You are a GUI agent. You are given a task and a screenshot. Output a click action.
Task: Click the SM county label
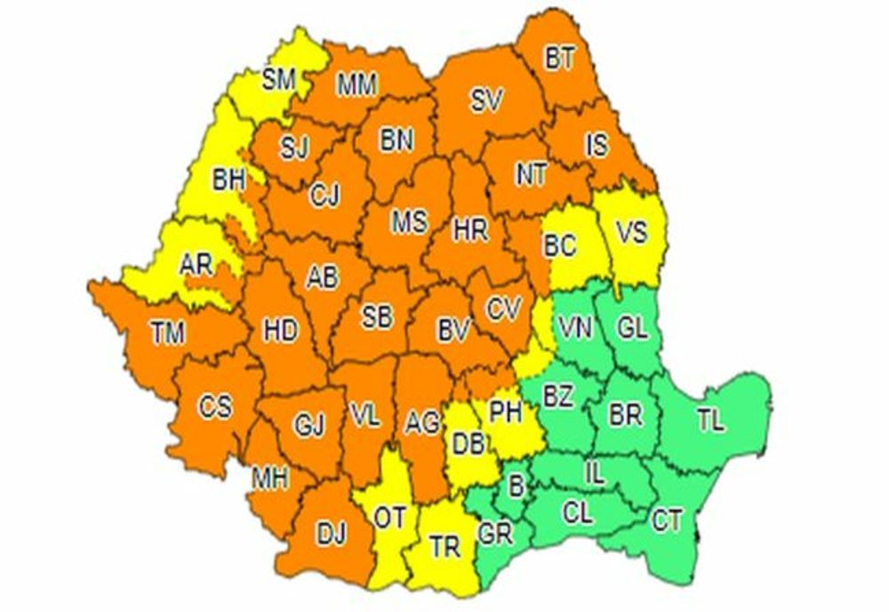click(x=278, y=81)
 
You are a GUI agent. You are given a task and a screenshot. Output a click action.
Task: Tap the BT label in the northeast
click(x=560, y=59)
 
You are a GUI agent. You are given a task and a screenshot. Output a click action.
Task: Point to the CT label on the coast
click(x=667, y=520)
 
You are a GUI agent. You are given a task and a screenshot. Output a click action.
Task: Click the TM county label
click(x=166, y=334)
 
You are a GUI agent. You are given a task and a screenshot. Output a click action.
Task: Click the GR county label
click(x=494, y=534)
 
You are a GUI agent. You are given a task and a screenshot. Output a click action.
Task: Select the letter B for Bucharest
click(x=514, y=486)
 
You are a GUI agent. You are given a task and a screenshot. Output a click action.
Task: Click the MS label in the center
click(x=409, y=221)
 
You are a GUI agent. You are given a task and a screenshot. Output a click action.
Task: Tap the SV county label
click(x=487, y=101)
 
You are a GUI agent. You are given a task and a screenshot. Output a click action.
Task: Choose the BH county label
click(x=228, y=181)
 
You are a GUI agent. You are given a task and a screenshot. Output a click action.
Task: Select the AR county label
click(x=195, y=265)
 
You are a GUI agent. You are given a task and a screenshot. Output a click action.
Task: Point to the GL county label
click(x=632, y=328)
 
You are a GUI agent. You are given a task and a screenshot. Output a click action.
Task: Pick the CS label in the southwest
click(x=214, y=407)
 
